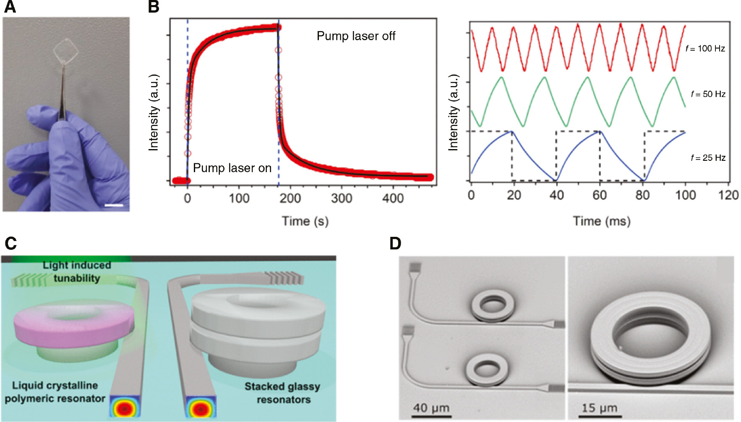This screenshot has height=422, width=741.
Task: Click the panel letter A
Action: [x=10, y=7]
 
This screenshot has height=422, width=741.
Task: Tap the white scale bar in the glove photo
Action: [x=113, y=205]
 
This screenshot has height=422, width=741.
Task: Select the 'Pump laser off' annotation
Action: [x=356, y=36]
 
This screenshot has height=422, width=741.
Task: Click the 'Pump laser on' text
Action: [x=232, y=168]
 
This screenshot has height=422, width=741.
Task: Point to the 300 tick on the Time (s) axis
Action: [x=341, y=198]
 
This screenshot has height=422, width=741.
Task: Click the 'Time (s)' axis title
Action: [x=305, y=221]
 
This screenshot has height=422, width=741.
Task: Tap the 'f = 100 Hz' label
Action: [x=705, y=49]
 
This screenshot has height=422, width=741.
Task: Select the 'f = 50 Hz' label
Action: [x=708, y=94]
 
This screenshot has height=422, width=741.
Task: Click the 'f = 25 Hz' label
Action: [x=708, y=158]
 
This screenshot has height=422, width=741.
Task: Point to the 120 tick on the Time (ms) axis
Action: [x=728, y=195]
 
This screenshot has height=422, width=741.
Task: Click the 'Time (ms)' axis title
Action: [x=602, y=221]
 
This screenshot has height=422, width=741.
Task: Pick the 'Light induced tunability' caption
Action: [x=77, y=272]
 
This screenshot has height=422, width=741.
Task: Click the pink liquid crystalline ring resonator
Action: [x=73, y=325]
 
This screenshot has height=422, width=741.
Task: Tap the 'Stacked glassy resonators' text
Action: [x=282, y=393]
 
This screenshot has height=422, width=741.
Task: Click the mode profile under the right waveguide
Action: [x=201, y=408]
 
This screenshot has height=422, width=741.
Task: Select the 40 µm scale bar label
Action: [x=431, y=408]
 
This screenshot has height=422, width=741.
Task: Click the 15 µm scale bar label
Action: [x=599, y=408]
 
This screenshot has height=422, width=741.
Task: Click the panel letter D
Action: [x=395, y=244]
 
